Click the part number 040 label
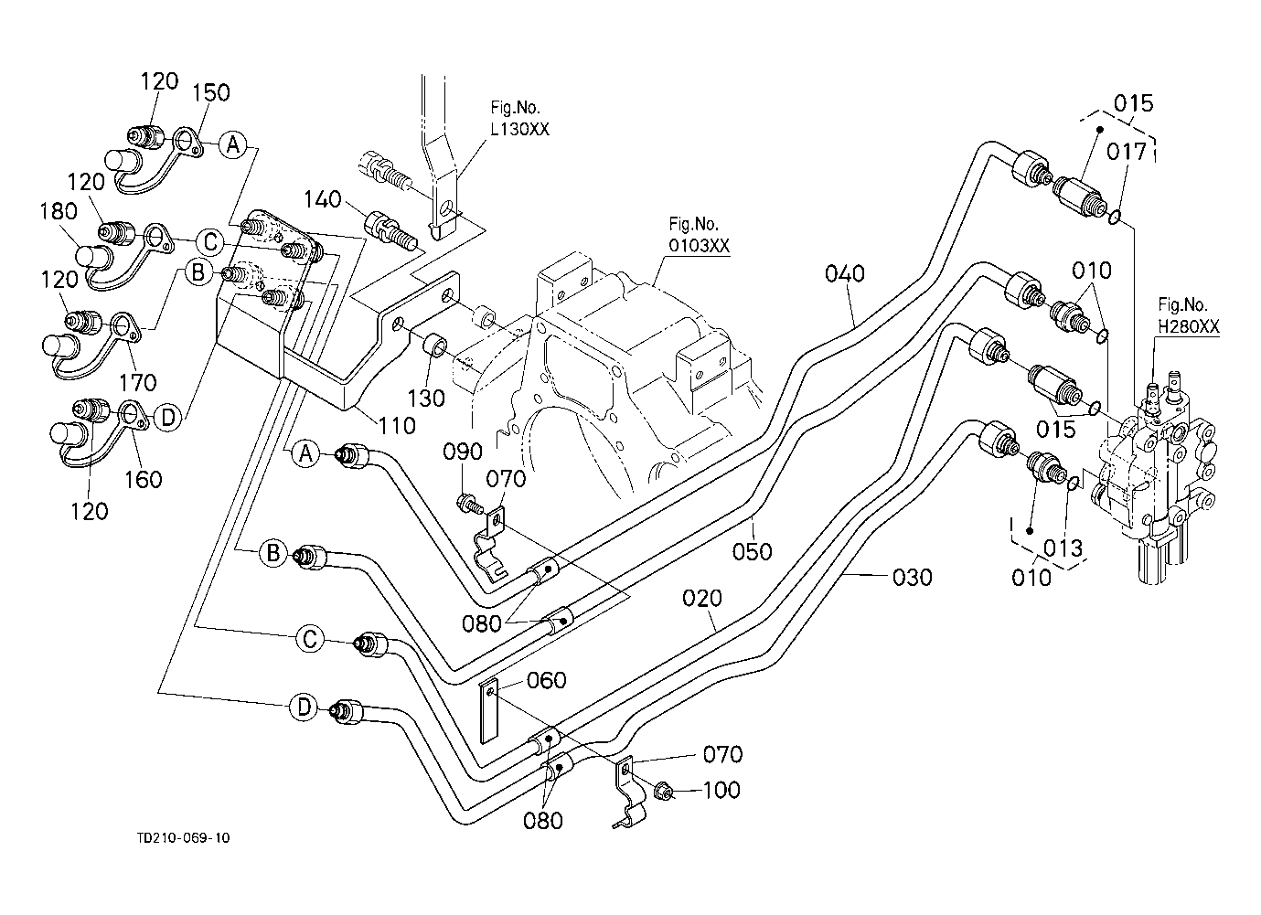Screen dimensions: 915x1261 (845, 273)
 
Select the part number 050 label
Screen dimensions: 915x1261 (753, 551)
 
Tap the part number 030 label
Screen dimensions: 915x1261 (913, 578)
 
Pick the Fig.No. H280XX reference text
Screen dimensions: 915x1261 (1188, 315)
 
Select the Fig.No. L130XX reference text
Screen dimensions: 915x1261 (520, 119)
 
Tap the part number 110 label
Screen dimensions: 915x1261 (397, 425)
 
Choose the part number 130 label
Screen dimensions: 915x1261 (426, 399)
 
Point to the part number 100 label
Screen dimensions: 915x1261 (721, 790)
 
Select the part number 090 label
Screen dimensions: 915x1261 (464, 452)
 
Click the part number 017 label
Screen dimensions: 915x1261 (1127, 152)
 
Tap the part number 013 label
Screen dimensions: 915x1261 (1063, 548)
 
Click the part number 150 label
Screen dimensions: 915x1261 (211, 92)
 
